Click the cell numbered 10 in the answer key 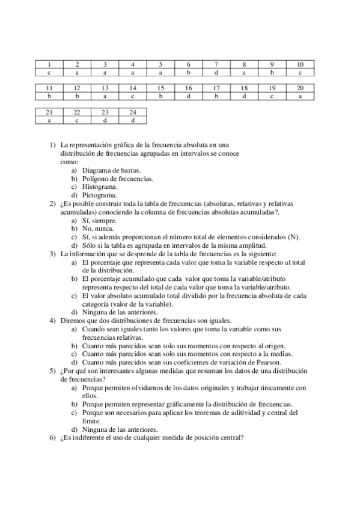pyautogui.click(x=301, y=64)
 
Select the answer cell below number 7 pyautogui.click(x=216, y=72)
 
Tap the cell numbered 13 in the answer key pyautogui.click(x=105, y=88)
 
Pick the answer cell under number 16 pyautogui.click(x=188, y=96)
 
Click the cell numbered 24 pyautogui.click(x=132, y=112)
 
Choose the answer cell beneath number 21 pyautogui.click(x=49, y=120)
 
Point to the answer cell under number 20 pyautogui.click(x=301, y=96)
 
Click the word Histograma pyautogui.click(x=100, y=186)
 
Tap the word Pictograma pyautogui.click(x=100, y=195)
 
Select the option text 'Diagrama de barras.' pyautogui.click(x=111, y=170)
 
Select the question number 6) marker pyautogui.click(x=52, y=438)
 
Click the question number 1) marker pyautogui.click(x=52, y=145)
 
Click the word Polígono pyautogui.click(x=96, y=179)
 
